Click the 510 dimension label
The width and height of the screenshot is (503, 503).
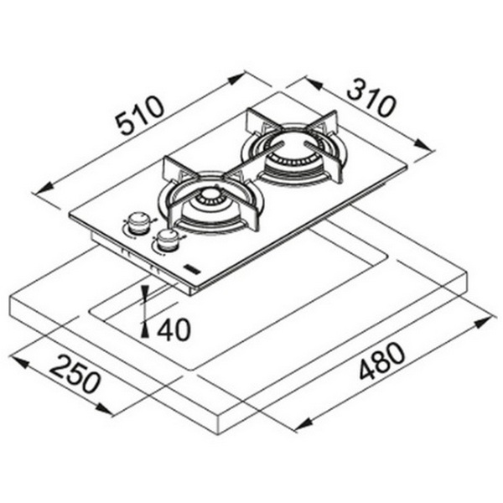140,115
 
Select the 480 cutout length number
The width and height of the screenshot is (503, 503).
381,361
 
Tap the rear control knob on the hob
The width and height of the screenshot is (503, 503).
138,222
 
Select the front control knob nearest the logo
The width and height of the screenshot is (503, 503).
167,241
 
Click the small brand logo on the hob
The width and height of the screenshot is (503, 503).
191,269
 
